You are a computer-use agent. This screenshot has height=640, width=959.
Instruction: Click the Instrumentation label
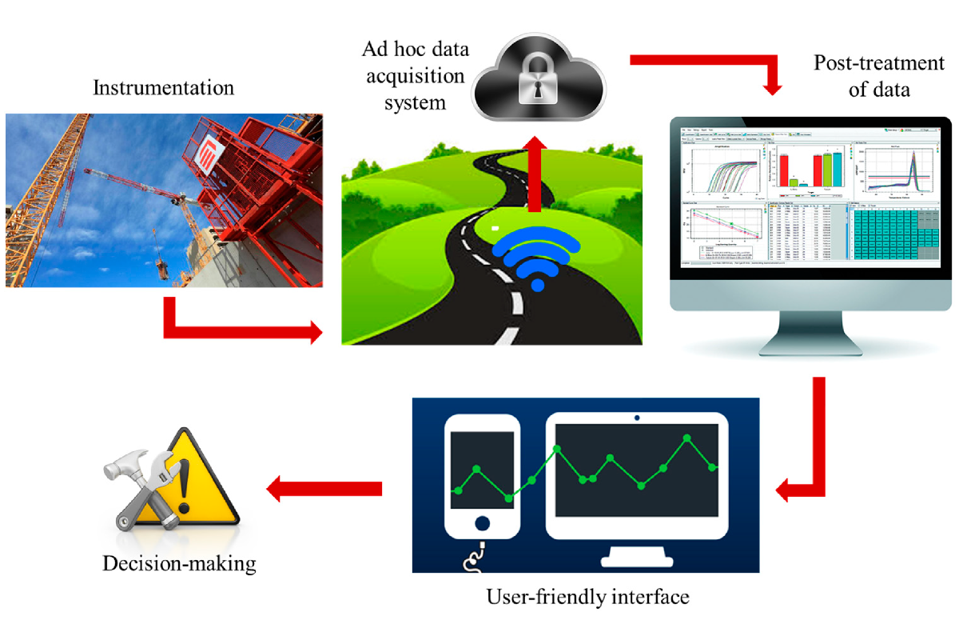(x=164, y=87)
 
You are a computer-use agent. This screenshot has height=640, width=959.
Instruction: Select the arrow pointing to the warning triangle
(x=324, y=487)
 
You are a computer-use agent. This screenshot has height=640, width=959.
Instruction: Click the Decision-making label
(x=179, y=563)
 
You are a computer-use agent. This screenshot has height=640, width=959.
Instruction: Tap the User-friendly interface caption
(x=587, y=596)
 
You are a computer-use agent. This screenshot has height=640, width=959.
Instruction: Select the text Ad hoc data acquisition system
(x=414, y=77)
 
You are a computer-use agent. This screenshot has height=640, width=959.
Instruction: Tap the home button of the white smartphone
(x=482, y=524)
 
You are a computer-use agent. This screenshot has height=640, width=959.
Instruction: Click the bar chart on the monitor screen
(x=809, y=168)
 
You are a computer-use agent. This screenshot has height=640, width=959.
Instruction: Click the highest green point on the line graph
(x=687, y=438)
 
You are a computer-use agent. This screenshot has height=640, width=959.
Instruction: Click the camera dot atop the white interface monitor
(x=637, y=418)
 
